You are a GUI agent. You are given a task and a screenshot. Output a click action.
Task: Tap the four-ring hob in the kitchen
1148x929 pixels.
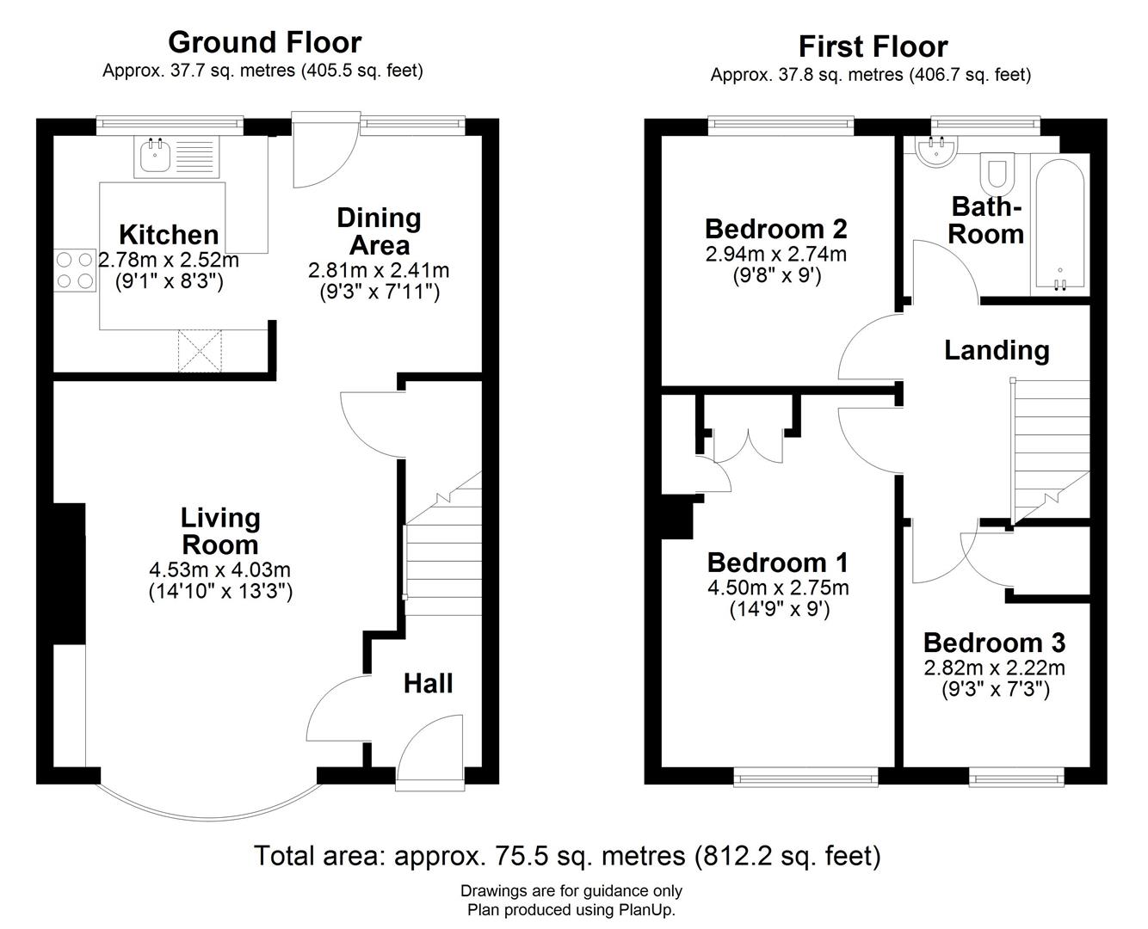75,269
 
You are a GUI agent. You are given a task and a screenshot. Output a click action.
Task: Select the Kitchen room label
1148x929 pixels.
169,234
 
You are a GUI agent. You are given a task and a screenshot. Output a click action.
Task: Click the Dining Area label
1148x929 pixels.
379,231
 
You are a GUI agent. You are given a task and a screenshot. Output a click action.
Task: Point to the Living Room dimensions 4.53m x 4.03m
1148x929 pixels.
219,569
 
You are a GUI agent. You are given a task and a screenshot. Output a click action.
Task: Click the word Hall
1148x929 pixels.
428,684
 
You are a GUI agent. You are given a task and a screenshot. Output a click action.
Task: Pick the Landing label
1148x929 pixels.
997,350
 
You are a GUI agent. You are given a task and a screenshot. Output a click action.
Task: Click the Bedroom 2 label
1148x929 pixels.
775,229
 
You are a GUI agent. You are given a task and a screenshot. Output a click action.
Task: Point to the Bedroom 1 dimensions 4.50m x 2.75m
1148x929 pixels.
777,588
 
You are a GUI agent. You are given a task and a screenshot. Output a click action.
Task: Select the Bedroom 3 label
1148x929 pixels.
994,643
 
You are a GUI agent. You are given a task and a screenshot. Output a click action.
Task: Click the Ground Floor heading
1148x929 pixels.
264,41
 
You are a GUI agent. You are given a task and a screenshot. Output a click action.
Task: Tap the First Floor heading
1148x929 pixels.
873,46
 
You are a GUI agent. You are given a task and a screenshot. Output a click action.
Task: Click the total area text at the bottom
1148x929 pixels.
567,856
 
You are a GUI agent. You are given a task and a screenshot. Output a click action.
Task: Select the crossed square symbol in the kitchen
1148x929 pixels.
200,351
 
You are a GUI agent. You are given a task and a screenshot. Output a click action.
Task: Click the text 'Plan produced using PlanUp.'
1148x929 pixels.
571,909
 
